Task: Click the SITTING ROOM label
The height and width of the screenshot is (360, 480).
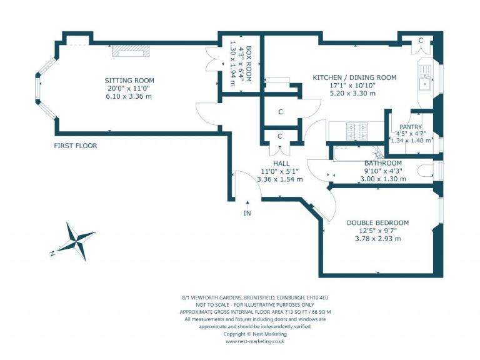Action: (129, 81)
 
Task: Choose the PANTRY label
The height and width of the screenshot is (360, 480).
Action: (410, 126)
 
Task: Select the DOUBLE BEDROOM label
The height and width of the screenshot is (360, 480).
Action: (377, 222)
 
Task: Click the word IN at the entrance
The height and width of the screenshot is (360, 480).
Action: (247, 213)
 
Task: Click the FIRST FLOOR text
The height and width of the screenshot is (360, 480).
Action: (75, 146)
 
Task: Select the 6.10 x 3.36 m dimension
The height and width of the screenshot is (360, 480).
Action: (129, 96)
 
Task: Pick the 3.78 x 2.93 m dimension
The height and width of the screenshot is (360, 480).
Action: (377, 238)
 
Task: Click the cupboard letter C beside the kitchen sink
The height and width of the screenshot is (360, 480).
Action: (421, 40)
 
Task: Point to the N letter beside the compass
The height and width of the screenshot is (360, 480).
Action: (52, 253)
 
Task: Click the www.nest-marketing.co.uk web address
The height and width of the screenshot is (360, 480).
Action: (255, 342)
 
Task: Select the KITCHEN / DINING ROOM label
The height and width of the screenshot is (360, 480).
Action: (354, 77)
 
